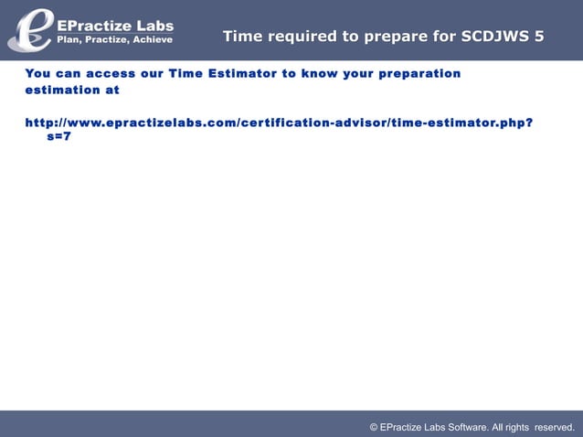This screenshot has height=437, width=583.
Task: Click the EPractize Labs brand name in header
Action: point(115,26)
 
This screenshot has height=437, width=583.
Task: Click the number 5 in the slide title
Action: point(539,37)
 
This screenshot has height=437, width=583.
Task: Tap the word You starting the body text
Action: point(38,73)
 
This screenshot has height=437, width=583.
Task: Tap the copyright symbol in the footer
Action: point(374,427)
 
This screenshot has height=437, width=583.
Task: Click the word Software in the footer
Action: point(464,427)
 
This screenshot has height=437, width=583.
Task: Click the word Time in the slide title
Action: point(242,37)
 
